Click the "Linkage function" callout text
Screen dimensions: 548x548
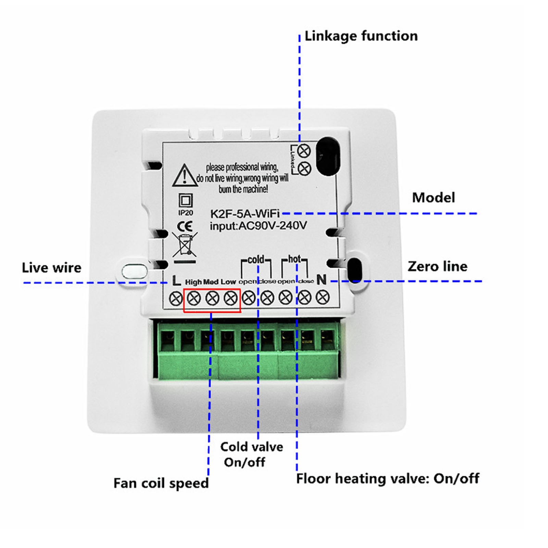pyautogui.click(x=361, y=36)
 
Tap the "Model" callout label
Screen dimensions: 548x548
pyautogui.click(x=433, y=198)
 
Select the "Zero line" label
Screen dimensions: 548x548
pyautogui.click(x=437, y=266)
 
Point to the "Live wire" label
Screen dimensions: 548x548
pyautogui.click(x=52, y=267)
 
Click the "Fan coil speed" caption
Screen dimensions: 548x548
pyautogui.click(x=161, y=483)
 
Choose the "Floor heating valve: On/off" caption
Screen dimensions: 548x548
pyautogui.click(x=387, y=478)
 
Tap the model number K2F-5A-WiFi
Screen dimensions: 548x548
pyautogui.click(x=245, y=214)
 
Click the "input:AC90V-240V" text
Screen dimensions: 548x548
pyautogui.click(x=258, y=226)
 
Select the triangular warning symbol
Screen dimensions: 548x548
pyautogui.click(x=185, y=175)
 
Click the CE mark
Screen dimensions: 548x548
pyautogui.click(x=185, y=226)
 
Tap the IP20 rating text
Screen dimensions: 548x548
pyautogui.click(x=186, y=213)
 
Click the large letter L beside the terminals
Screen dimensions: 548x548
pyautogui.click(x=176, y=281)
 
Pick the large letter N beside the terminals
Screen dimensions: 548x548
pyautogui.click(x=321, y=280)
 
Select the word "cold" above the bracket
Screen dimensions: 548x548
pyautogui.click(x=256, y=260)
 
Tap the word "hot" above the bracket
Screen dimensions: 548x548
pyautogui.click(x=294, y=259)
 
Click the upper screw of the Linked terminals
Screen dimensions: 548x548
pyautogui.click(x=304, y=150)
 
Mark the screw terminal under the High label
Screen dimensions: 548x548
pyautogui.click(x=194, y=298)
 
